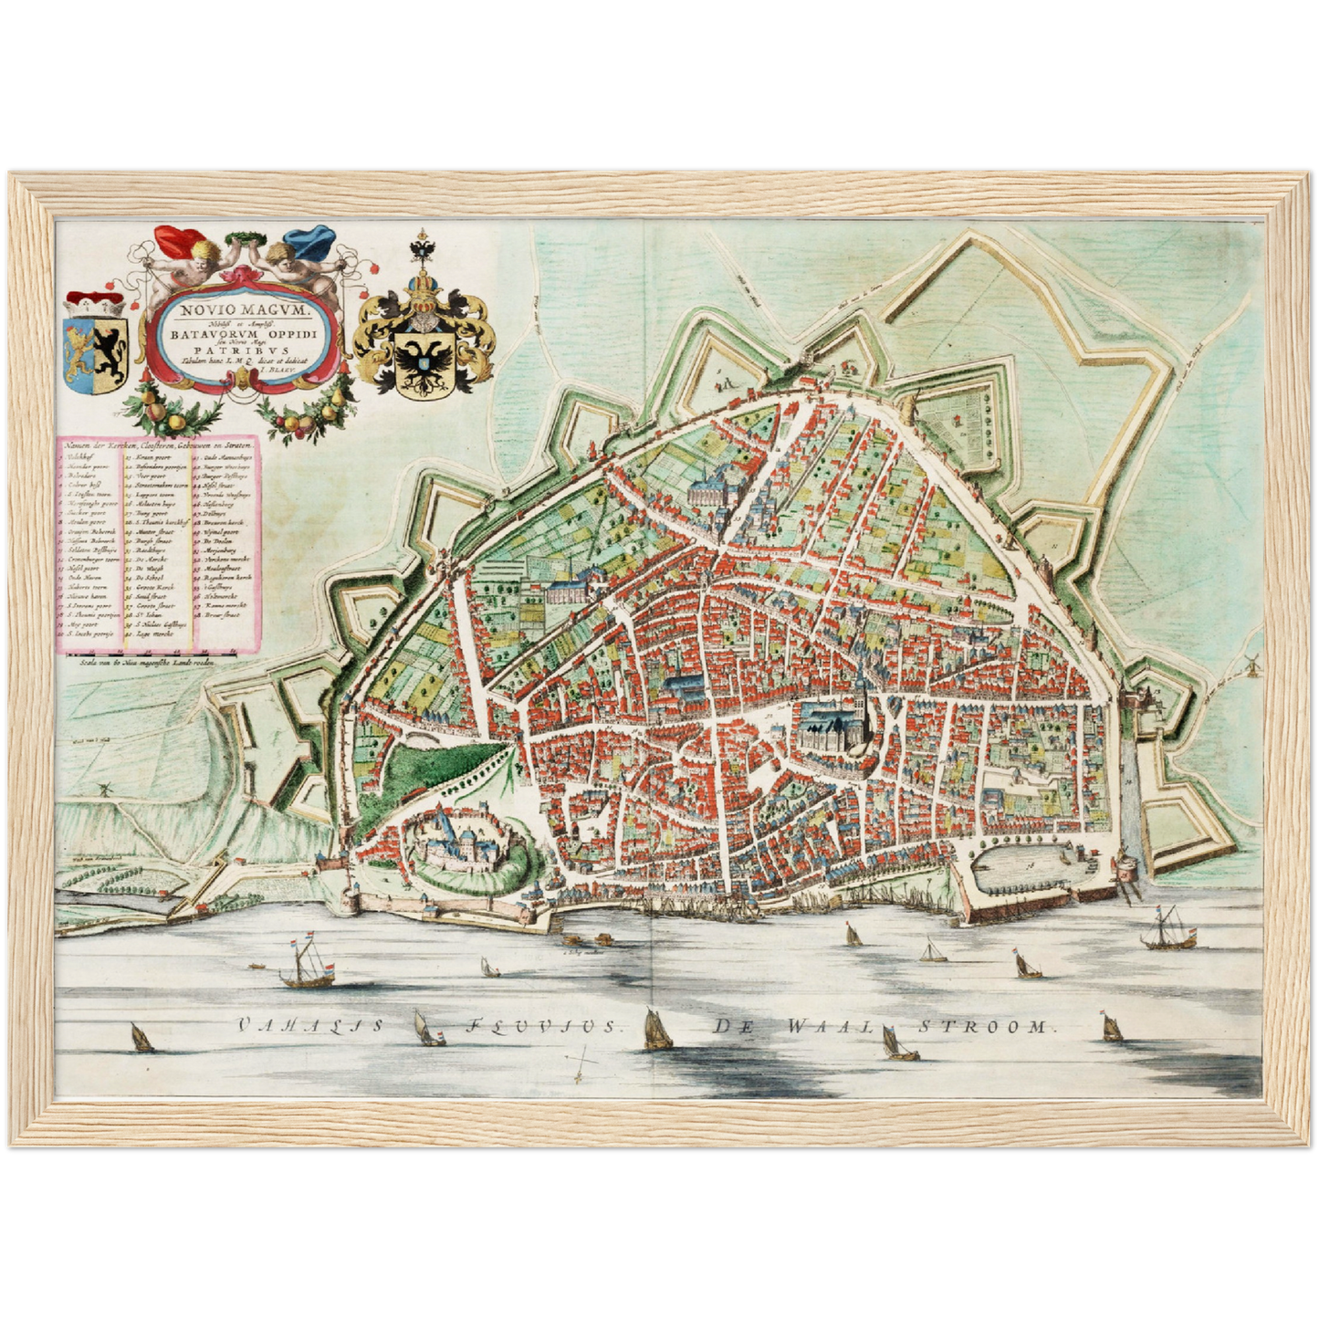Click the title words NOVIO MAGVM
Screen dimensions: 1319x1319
click(x=245, y=309)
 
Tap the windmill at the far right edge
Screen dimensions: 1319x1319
click(x=1251, y=663)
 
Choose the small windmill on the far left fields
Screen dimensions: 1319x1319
click(x=104, y=788)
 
